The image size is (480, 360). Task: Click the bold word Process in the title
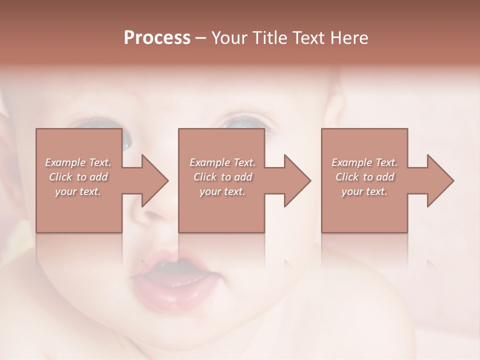[x=157, y=37]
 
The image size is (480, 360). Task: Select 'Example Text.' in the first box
[x=78, y=162]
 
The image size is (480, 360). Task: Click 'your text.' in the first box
[x=78, y=191]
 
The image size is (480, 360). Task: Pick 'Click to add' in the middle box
[x=222, y=177]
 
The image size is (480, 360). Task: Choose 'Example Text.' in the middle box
[x=222, y=162]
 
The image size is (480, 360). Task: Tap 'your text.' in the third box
[x=364, y=191]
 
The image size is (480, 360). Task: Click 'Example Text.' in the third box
[x=364, y=162]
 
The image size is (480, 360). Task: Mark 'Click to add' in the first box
[x=78, y=177]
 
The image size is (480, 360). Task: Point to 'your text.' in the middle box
[x=222, y=191]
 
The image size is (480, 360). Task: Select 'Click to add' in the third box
[x=364, y=177]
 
